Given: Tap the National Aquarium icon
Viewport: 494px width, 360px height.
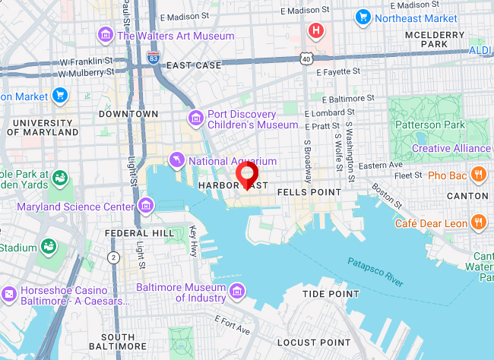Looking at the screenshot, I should click(177, 159).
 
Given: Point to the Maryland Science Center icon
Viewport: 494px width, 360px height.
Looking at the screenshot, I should click(146, 205).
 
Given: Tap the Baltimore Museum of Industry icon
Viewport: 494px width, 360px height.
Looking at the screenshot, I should click(237, 292).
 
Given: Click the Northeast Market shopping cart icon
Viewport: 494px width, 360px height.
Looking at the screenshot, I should click(363, 17).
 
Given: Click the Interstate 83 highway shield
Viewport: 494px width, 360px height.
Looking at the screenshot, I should click(155, 56).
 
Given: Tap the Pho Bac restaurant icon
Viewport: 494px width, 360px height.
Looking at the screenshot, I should click(478, 175).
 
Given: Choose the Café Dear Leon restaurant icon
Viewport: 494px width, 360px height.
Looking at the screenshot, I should click(478, 223).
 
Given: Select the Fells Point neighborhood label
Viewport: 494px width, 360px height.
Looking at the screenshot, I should click(309, 192).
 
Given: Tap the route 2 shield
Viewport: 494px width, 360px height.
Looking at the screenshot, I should click(114, 257).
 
